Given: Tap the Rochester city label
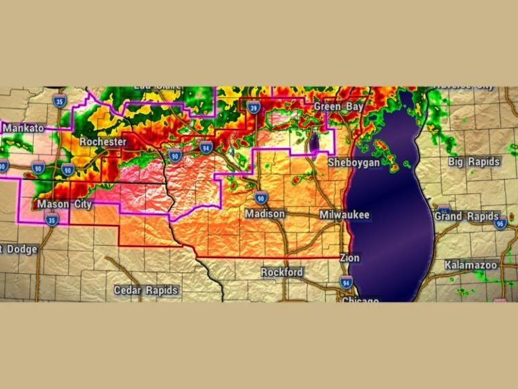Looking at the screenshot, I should tap(103, 142).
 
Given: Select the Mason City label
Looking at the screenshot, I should tap(63, 204).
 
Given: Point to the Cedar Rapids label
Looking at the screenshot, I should tap(146, 290).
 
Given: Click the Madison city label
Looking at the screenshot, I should tap(264, 213).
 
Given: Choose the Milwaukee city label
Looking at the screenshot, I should tap(344, 214).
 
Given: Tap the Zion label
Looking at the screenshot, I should tap(350, 258).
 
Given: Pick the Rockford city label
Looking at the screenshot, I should tap(282, 272).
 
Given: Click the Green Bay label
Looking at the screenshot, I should tap(339, 107).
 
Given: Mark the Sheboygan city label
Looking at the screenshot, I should tap(355, 163).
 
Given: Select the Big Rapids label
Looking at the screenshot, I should tap(474, 162).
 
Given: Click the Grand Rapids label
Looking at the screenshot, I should tap(457, 217).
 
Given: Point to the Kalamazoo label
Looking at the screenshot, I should tap(471, 265).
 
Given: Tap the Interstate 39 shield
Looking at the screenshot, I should tap(254, 107).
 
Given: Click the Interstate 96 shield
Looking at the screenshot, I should tap(500, 224).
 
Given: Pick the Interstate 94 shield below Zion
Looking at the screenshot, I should tap(346, 282).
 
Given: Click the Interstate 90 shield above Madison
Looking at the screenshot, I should tap(261, 198).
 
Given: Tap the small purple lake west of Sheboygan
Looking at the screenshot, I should tap(314, 142).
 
